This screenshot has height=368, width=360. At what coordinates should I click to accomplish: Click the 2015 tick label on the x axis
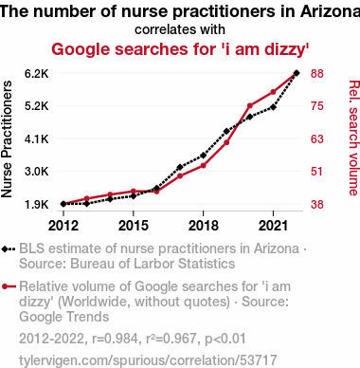(134, 226)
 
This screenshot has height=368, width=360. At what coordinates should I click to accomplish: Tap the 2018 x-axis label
(204, 226)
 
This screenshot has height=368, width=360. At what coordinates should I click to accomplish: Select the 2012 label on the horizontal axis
(63, 226)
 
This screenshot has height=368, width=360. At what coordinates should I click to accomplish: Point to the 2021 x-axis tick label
(273, 226)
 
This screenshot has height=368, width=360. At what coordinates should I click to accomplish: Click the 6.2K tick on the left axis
(37, 73)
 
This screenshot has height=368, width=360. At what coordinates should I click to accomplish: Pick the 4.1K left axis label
(37, 138)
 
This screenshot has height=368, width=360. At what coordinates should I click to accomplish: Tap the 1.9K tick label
(37, 205)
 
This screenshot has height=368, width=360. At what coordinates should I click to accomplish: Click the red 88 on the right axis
(317, 73)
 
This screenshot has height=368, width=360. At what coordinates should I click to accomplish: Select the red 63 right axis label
(317, 138)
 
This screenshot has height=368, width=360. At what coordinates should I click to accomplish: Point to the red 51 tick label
(317, 172)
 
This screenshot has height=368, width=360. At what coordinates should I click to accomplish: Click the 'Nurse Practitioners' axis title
(7, 139)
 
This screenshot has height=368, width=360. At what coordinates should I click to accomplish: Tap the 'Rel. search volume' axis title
(354, 138)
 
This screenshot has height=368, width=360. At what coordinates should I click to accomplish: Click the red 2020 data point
(250, 105)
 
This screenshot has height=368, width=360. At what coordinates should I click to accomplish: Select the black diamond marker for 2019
(226, 131)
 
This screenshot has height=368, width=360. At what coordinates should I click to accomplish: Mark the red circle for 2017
(180, 175)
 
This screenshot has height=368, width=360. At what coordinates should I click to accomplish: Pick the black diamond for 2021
(273, 107)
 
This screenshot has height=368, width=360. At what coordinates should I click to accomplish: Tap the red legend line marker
(9, 286)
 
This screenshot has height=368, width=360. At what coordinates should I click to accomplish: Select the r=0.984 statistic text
(115, 339)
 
